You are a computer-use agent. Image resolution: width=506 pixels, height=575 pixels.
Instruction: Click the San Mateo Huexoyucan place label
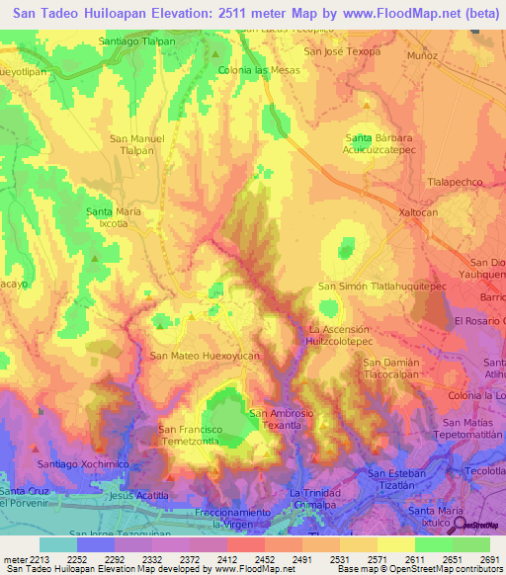[204, 355]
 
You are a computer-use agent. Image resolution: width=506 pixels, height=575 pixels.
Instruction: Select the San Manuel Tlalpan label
[136, 144]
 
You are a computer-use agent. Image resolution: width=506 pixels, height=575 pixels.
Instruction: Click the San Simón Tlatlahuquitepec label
[382, 286]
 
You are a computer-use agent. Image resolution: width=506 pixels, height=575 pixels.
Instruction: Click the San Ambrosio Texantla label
[282, 418]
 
